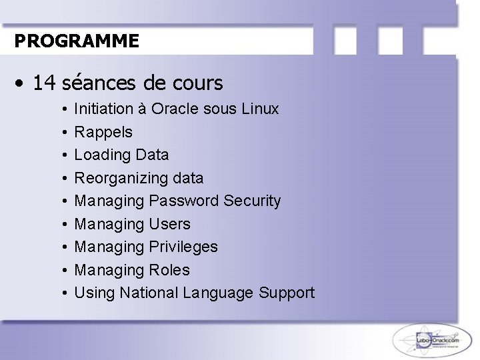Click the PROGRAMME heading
coord(77,41)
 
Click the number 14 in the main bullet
coord(44,83)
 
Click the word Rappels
coord(103,132)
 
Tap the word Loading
coord(102,155)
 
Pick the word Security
coord(253,201)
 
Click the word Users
coord(170,224)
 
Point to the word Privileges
coord(184,247)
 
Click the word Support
coord(287,293)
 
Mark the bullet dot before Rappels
coord(62,132)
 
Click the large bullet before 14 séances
coord(22,84)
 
